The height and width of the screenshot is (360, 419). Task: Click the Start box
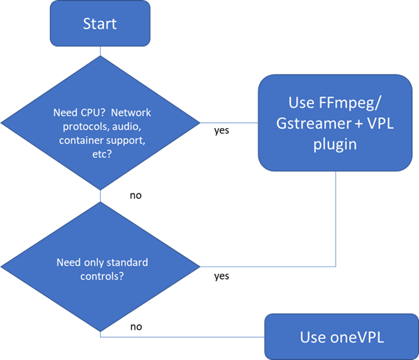click(x=100, y=24)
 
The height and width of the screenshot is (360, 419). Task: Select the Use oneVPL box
click(x=342, y=336)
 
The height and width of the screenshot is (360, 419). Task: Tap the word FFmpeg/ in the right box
click(x=334, y=102)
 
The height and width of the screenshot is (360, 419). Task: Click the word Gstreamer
click(x=314, y=124)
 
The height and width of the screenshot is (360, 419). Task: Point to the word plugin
click(x=335, y=145)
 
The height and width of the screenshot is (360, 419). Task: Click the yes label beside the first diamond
click(x=222, y=131)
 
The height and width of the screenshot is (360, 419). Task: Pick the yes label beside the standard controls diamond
click(x=222, y=276)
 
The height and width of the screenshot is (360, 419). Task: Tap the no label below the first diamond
click(x=135, y=196)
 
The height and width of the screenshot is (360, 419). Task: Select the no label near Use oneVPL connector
click(x=136, y=327)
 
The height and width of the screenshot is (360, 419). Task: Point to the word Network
click(x=131, y=113)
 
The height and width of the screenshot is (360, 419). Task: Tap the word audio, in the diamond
click(x=127, y=127)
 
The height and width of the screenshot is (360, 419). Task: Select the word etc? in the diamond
click(x=102, y=154)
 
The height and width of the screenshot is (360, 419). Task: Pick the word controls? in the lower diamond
click(x=102, y=276)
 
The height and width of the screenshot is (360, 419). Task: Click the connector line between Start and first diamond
click(x=100, y=51)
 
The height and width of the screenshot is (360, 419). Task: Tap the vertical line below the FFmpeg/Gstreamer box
click(x=335, y=219)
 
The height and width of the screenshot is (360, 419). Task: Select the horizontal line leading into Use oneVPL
click(x=183, y=336)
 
